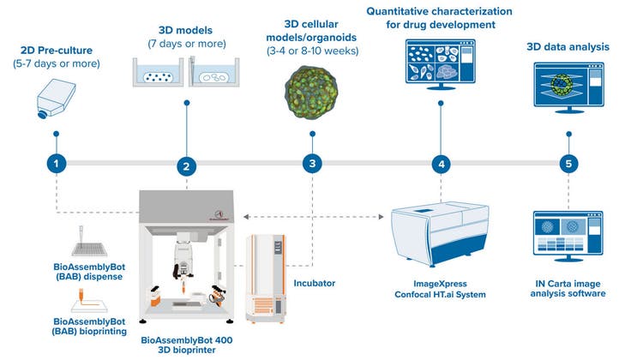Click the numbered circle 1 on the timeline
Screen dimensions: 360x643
[x=56, y=163]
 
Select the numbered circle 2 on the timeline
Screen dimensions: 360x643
[x=185, y=166]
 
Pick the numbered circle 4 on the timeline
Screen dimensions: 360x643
[x=441, y=163]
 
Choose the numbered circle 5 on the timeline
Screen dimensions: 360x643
[x=568, y=163]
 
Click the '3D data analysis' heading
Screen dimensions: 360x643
[x=568, y=46]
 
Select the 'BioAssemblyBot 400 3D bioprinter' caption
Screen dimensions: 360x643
[x=186, y=345]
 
